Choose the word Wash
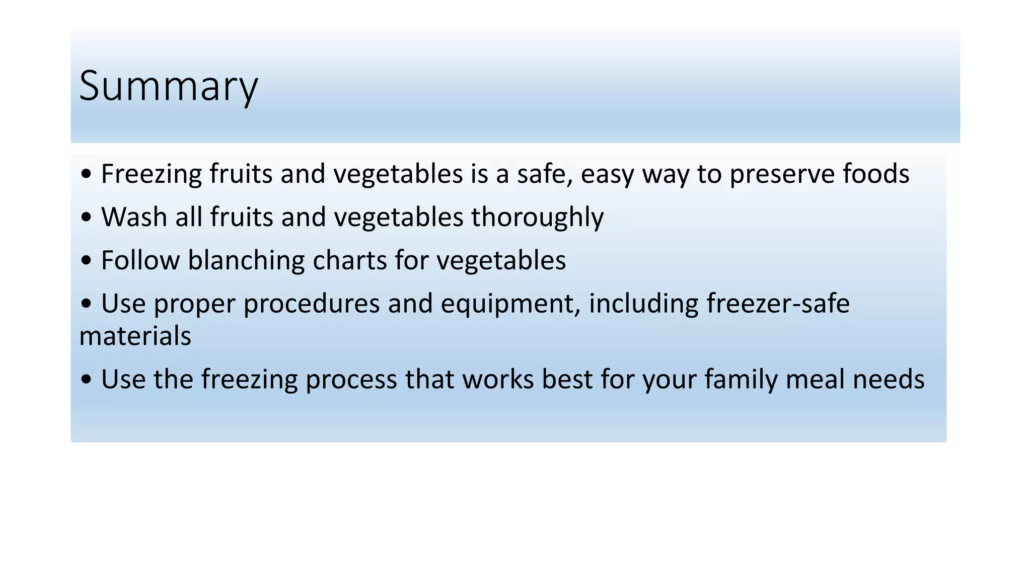pyautogui.click(x=134, y=217)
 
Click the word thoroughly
pyautogui.click(x=537, y=217)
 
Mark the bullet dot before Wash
pyautogui.click(x=86, y=218)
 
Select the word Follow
pyautogui.click(x=140, y=261)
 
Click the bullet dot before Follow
pyautogui.click(x=86, y=261)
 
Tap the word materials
pyautogui.click(x=135, y=336)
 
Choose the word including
pyautogui.click(x=643, y=304)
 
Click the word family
pyautogui.click(x=741, y=380)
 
